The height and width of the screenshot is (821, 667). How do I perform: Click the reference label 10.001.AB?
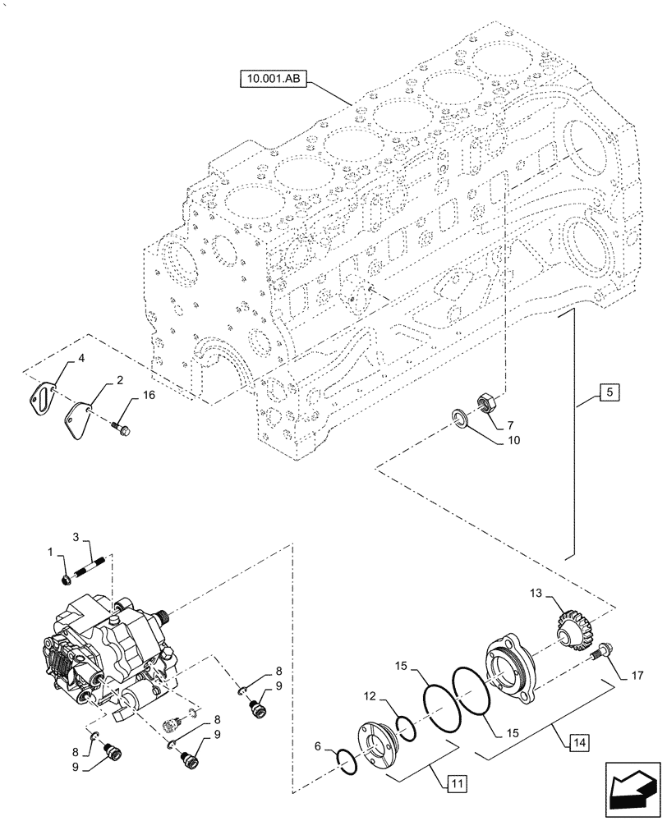tap(274, 80)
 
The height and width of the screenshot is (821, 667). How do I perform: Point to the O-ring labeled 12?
tap(405, 725)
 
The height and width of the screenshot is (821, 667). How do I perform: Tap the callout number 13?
tap(536, 594)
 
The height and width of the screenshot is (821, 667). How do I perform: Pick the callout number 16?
tap(148, 397)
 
